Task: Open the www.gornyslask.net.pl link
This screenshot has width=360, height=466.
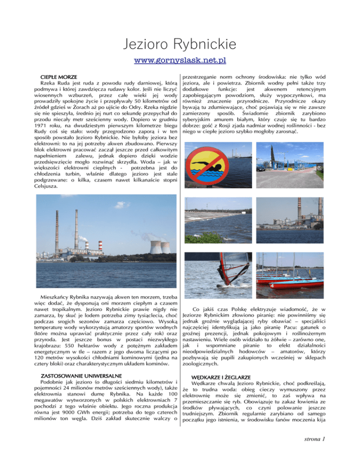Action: coord(180,60)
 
